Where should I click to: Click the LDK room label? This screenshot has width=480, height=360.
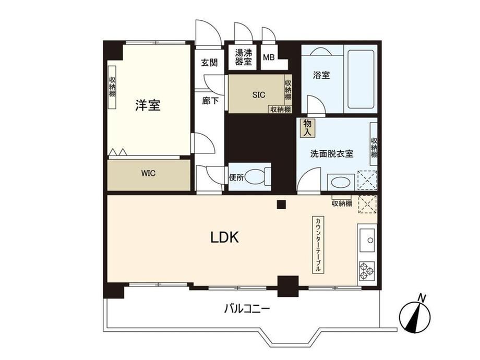224,237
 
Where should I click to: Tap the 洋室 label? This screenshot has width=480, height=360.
148,105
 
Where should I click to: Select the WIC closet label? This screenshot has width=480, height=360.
149,173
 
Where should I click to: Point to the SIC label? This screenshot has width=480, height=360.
259,95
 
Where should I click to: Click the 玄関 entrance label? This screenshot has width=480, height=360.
209,63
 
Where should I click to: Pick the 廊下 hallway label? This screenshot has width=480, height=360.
210,100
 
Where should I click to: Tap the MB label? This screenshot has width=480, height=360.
269,57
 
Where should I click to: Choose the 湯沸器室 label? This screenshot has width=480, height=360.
244,57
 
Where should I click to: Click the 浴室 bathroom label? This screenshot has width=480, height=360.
321,75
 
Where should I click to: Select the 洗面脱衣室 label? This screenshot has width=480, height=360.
332,154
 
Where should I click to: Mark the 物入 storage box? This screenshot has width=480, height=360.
307,128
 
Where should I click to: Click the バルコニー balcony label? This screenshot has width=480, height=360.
247,308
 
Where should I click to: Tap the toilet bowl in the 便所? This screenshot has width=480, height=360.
257,177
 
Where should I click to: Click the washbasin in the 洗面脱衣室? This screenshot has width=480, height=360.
341,183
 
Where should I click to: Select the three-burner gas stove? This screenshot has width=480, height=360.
367,271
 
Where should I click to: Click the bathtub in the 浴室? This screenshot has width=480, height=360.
361,80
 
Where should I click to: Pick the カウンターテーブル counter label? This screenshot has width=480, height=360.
318,245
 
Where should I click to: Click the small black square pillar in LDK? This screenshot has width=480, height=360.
281,205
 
